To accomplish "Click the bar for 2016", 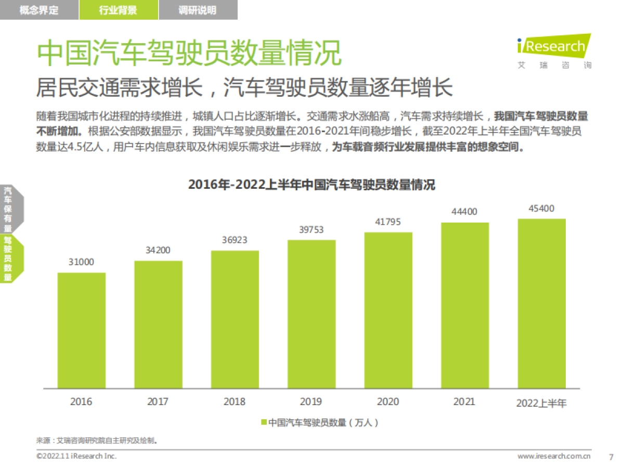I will (x=82, y=330).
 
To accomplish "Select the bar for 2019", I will (x=311, y=314).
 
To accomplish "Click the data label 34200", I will (x=158, y=250).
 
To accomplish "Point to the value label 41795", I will (x=388, y=222).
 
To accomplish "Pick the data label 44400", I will (x=464, y=212).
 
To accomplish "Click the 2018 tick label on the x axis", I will (x=235, y=402).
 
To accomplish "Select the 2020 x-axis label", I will (x=388, y=402).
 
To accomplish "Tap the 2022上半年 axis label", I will (x=541, y=403).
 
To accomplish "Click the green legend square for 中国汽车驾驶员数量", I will (x=264, y=422).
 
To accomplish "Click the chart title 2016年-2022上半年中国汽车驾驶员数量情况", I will (x=311, y=185).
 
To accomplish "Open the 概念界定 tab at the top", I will (x=39, y=10).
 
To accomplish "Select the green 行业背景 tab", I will (x=119, y=10).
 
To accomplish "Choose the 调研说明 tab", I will (x=198, y=10).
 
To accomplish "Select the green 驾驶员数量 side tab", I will (x=8, y=258).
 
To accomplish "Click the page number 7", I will (x=611, y=457).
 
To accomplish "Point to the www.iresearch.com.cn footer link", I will (x=554, y=457).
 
